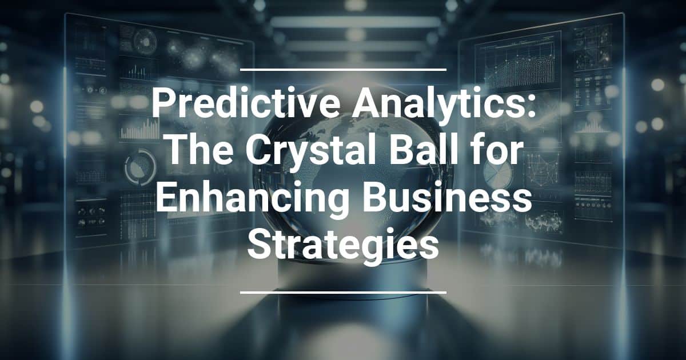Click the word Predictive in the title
[x=246, y=102]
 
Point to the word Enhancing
[x=253, y=199]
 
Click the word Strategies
[x=343, y=246]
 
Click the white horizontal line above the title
[x=343, y=70]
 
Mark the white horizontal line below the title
[x=343, y=293]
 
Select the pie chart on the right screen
[x=497, y=173]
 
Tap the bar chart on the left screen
[x=140, y=129]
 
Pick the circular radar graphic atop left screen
[x=145, y=41]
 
